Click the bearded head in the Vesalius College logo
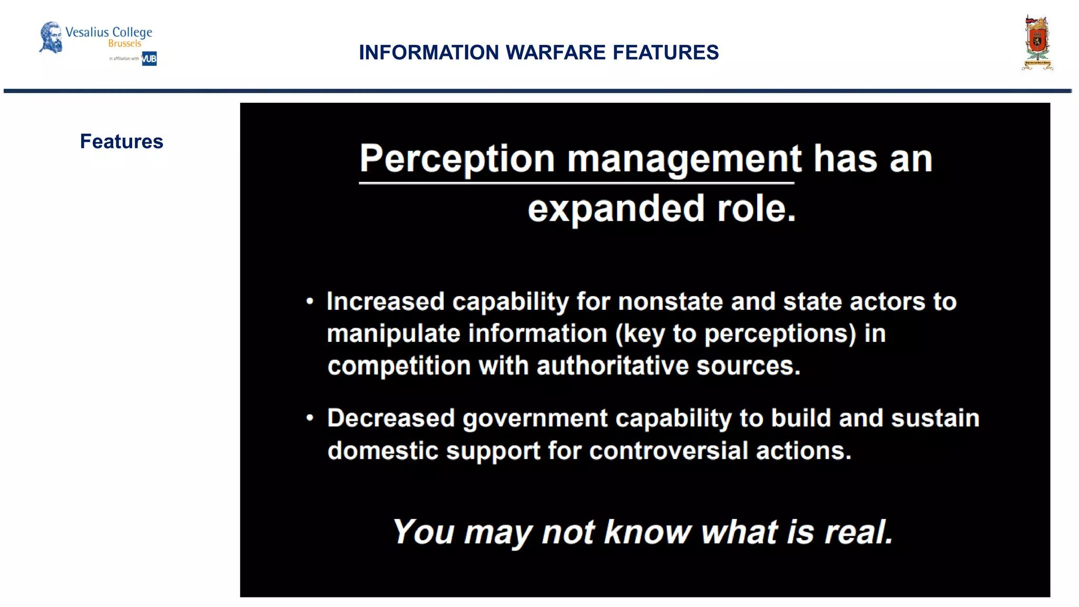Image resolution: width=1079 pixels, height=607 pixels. tap(51, 37)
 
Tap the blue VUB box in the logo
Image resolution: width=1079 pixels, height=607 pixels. tap(149, 58)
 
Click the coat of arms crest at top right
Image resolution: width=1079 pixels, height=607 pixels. tap(1037, 43)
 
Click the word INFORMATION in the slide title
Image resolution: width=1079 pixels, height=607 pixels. tap(428, 53)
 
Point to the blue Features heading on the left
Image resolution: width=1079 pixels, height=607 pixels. tap(122, 142)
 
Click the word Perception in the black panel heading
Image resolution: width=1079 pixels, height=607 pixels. tap(457, 159)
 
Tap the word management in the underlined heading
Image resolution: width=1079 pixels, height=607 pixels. tap(684, 159)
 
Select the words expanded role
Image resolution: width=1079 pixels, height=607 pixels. tap(661, 209)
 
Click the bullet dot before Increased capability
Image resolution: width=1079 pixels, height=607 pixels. tap(310, 302)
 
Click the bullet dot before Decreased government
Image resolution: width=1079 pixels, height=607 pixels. tap(310, 418)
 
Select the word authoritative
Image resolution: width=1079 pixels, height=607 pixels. tap(612, 366)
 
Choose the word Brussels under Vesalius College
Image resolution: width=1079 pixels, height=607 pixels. tap(125, 44)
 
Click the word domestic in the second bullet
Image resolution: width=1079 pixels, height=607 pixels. tap(382, 451)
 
